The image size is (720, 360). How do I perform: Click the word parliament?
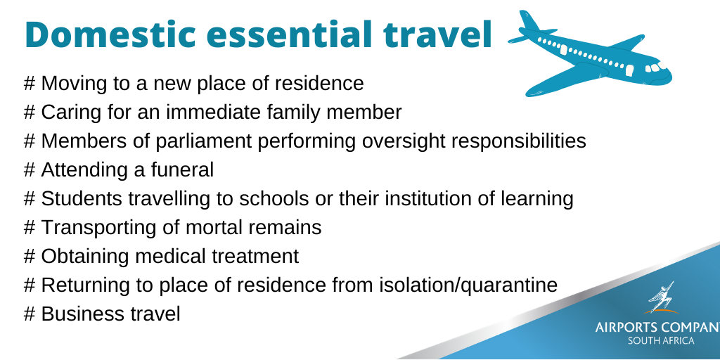pos(204,141)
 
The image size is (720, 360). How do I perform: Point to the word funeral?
pos(182,170)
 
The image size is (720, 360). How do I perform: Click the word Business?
pos(79,314)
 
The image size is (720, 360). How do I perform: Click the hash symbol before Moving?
pos(30,84)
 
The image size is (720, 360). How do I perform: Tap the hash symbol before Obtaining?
pos(30,256)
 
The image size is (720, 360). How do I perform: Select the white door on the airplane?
pos(629,70)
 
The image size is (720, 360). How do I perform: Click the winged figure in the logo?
pos(661,297)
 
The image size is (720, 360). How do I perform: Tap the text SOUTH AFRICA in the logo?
pos(661,341)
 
